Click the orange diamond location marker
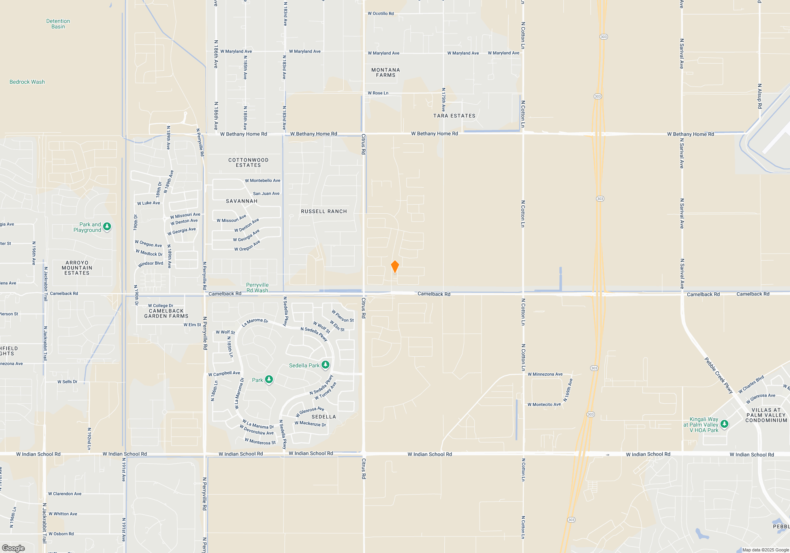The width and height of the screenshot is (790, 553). coord(395,267)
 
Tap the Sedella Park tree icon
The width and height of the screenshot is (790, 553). coord(325,365)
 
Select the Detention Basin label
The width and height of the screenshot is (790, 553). coord(58,24)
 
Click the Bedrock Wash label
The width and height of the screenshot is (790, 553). coord(27,82)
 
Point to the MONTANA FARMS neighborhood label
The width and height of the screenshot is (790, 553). coord(386,73)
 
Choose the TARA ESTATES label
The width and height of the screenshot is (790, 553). coord(454,116)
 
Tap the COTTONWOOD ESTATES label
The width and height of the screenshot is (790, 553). coord(248,163)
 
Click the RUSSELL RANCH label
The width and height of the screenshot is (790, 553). coord(324,212)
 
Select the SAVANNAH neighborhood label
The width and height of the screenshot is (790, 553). coord(242,201)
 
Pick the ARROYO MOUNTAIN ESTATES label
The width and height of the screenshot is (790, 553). coord(77,268)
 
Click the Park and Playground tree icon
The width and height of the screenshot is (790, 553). coord(107,227)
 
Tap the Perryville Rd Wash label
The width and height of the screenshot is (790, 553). coord(257,288)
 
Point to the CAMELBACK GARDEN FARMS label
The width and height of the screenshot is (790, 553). coord(166,314)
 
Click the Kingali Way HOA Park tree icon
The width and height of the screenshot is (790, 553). coord(724,424)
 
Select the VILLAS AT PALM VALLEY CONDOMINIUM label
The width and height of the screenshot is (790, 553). coord(766,415)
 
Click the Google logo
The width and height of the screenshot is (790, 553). coord(13,548)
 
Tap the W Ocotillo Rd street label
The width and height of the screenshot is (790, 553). coord(381,13)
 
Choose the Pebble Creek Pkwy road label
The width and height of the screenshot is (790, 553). coord(719,375)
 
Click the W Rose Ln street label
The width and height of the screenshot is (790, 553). coord(378,93)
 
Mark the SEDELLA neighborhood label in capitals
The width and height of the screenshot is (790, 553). coord(324,417)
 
